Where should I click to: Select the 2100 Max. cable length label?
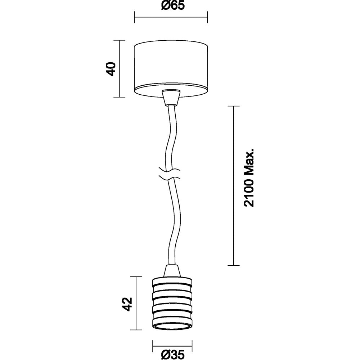tap(249, 178)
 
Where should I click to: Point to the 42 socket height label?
tap(127, 304)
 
